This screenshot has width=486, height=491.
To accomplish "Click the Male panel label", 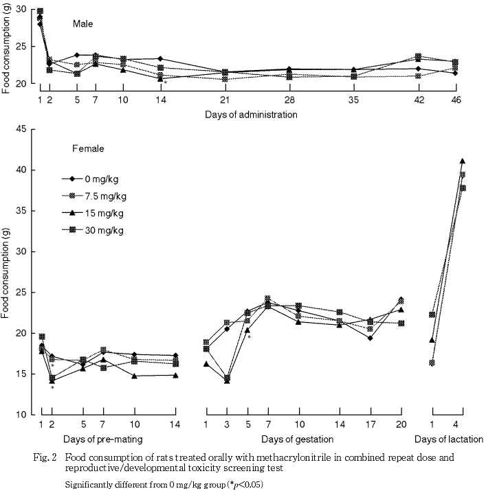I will [84, 23].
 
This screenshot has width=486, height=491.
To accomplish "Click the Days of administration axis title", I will [250, 115].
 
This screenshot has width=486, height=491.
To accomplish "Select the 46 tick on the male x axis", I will [474, 100].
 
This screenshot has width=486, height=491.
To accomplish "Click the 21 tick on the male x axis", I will [225, 100].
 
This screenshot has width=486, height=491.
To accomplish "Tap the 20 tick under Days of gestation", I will [399, 426].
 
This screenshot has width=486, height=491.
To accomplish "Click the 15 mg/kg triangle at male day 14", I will [160, 78].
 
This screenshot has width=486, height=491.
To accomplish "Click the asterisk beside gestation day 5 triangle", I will [250, 337].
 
